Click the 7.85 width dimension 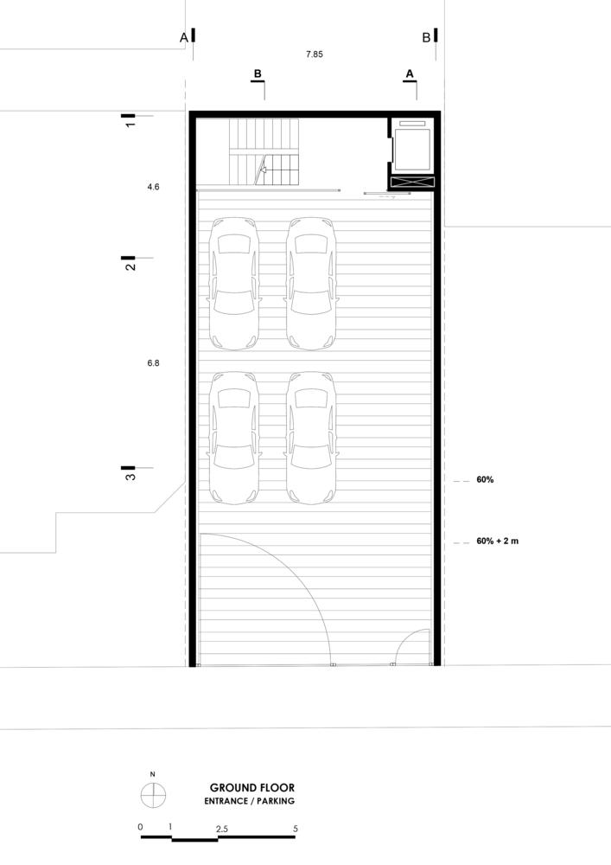click(314, 54)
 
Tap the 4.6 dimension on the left click(153, 187)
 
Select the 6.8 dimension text click(153, 363)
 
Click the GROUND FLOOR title click(251, 788)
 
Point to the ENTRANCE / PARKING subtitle click(249, 801)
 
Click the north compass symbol click(153, 795)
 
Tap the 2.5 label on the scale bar click(222, 829)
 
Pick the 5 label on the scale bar click(296, 829)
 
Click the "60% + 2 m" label click(498, 541)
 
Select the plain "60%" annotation click(485, 480)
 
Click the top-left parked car click(234, 284)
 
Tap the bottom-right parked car click(311, 438)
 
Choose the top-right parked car click(311, 284)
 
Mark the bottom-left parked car click(234, 438)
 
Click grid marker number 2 click(130, 263)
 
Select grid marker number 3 click(130, 472)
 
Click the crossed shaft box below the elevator click(412, 182)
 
